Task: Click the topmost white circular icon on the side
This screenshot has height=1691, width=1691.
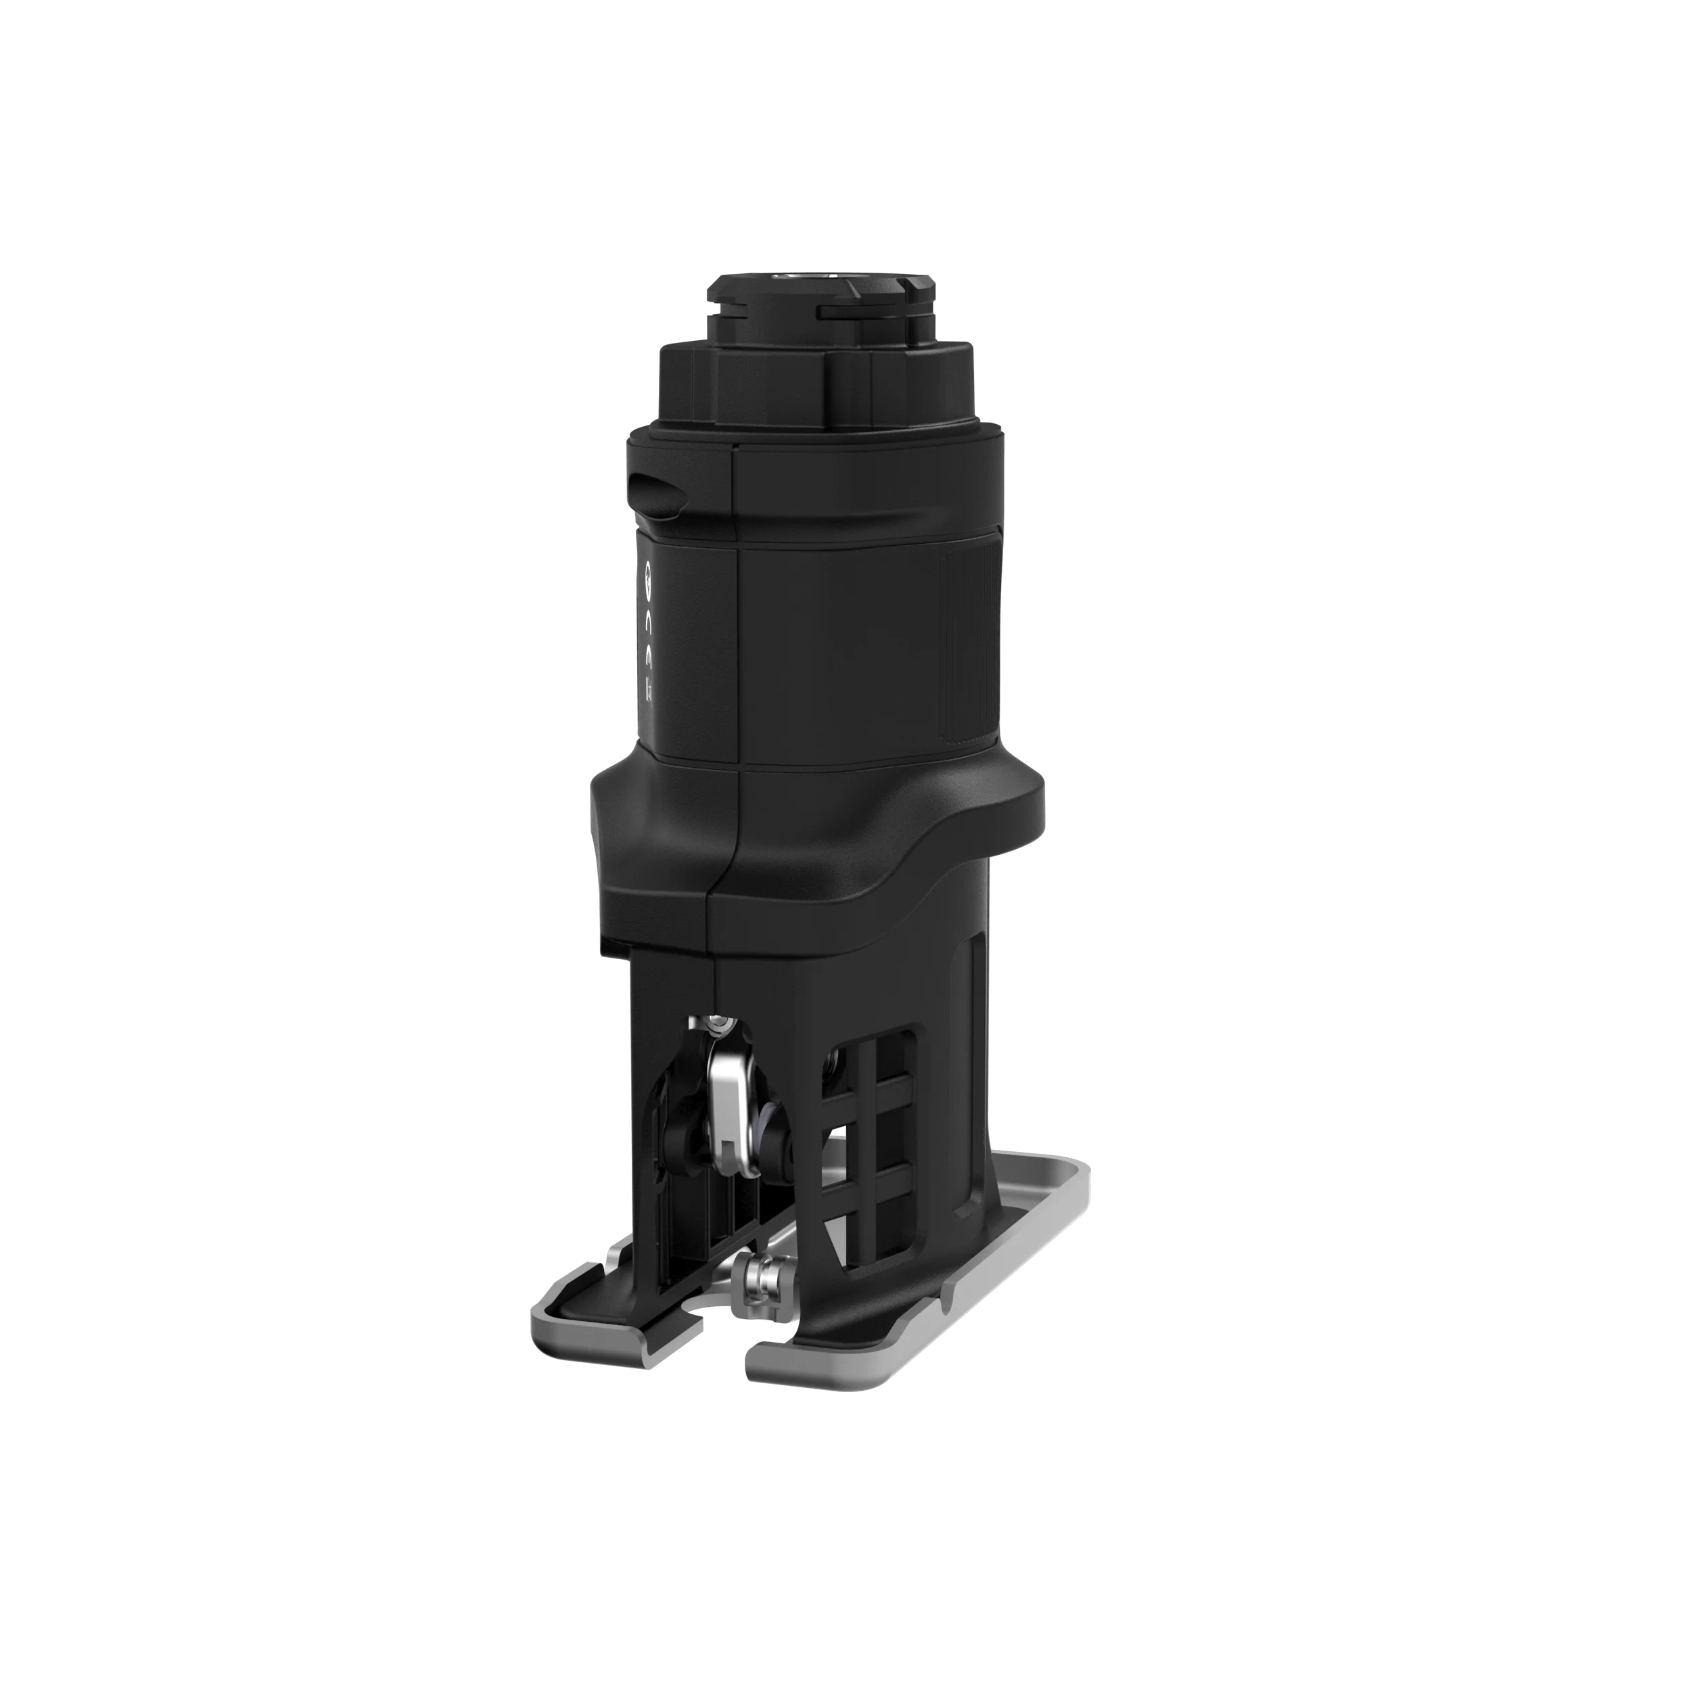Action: [x=649, y=575]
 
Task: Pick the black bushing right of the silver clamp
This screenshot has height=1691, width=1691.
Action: [x=774, y=1138]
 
